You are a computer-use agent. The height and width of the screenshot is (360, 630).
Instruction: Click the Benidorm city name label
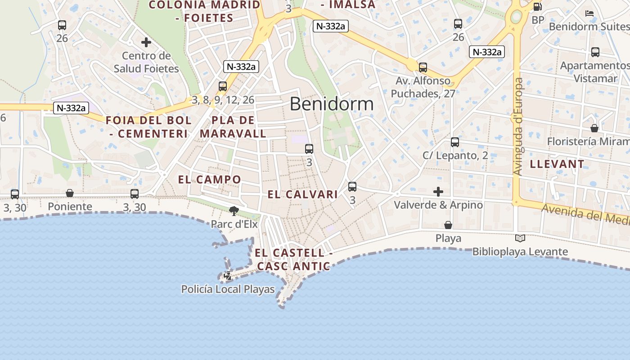(x=331, y=104)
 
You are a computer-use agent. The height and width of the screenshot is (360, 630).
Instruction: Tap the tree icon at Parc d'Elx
(x=234, y=211)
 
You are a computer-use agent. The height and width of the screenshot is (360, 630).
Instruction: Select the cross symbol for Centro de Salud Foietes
(x=146, y=43)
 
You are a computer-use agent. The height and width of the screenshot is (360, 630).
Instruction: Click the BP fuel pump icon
(x=537, y=7)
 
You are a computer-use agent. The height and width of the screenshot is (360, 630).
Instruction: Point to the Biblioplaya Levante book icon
(x=520, y=238)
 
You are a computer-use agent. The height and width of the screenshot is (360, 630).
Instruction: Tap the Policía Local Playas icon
(x=228, y=276)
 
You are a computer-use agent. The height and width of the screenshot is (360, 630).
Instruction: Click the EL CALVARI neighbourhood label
(x=302, y=194)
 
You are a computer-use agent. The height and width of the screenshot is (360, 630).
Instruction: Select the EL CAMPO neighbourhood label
(x=210, y=180)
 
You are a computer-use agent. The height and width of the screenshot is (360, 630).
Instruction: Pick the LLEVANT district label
(x=557, y=164)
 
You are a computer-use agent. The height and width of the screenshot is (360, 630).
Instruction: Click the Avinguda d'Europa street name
(x=518, y=127)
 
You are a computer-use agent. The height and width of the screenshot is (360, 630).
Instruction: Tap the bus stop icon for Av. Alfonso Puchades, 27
(x=423, y=67)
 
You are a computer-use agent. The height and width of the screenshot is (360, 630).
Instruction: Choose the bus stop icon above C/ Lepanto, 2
(x=455, y=142)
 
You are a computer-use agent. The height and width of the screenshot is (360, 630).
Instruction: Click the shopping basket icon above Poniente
(x=70, y=193)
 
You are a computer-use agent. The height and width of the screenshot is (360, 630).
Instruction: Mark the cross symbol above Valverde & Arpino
(x=438, y=192)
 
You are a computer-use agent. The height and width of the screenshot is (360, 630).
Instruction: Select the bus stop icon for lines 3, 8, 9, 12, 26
(x=223, y=86)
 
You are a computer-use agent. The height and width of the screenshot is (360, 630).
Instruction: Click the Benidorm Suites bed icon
(x=589, y=13)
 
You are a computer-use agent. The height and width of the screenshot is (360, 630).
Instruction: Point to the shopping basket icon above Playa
(x=448, y=225)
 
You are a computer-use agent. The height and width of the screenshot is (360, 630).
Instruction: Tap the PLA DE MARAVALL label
(x=233, y=127)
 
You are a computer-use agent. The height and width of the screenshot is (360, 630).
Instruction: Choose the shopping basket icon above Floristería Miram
(x=594, y=128)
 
